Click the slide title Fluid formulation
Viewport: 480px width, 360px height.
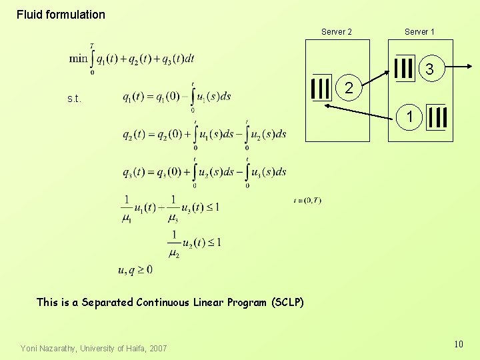coord(61,15)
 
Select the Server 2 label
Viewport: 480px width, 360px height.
coord(337,32)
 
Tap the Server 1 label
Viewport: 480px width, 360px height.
coord(419,32)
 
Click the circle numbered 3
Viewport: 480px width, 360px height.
coord(430,69)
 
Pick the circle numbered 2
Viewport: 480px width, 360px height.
coord(349,88)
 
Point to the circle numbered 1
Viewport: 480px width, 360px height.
coord(411,117)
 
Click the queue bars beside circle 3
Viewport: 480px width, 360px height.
coord(404,68)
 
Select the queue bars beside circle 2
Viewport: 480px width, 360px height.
coord(321,88)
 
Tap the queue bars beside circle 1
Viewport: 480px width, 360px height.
coord(437,117)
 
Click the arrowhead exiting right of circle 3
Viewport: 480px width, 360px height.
coord(469,66)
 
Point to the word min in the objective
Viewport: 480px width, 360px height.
coord(78,59)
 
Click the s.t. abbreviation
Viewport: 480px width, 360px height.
coord(74,99)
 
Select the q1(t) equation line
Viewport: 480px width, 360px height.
coord(177,97)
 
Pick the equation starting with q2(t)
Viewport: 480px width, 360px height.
coord(204,135)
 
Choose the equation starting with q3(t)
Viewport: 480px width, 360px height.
coord(204,172)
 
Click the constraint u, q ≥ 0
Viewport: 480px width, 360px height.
coord(135,270)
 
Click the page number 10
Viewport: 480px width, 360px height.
coord(458,344)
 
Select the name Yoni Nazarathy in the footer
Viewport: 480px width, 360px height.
coord(50,348)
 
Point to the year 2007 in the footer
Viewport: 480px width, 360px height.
coord(157,348)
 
